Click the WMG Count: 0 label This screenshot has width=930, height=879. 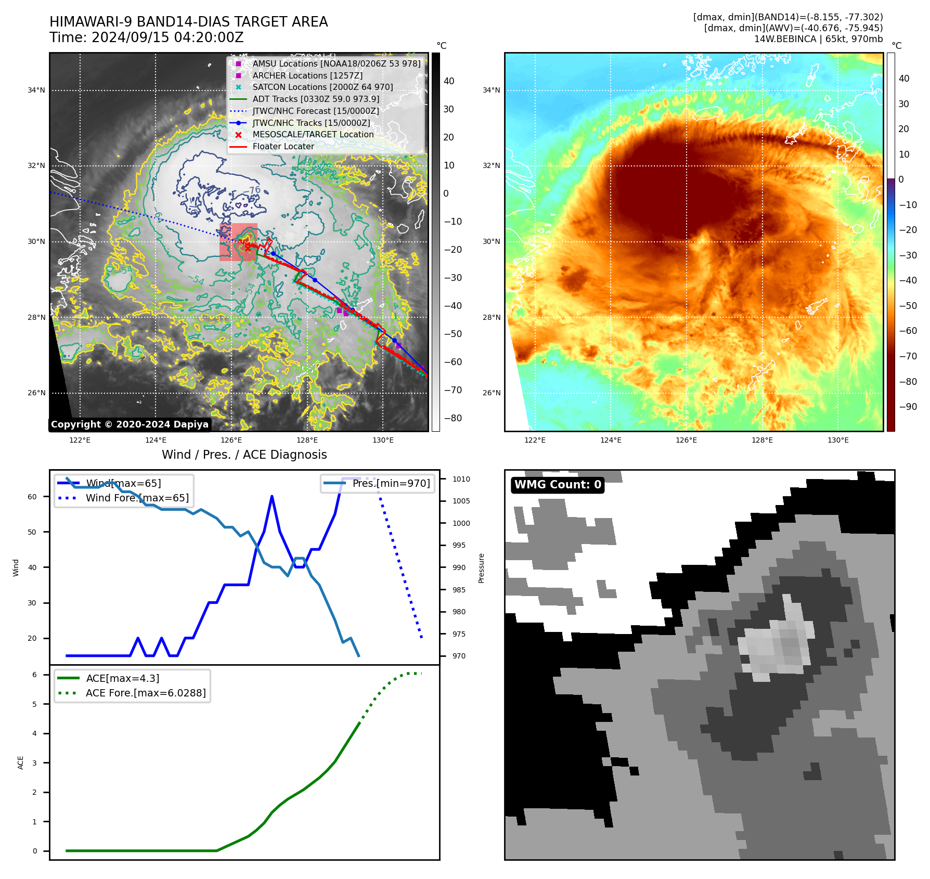(558, 485)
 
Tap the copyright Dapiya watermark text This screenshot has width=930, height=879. (130, 424)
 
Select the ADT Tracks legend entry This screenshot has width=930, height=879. (316, 99)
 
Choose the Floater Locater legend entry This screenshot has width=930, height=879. (283, 147)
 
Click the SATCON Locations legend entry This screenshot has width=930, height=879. (322, 87)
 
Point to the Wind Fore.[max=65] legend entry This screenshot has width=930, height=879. (137, 498)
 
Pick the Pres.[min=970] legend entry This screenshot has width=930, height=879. (391, 483)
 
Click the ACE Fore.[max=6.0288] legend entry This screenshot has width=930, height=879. (146, 693)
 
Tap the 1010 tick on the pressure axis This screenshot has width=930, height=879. (461, 479)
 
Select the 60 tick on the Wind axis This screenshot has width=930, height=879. (32, 497)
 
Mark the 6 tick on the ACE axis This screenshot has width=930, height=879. (34, 675)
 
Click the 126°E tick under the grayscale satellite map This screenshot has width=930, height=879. (231, 440)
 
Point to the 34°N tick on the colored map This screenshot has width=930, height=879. (492, 90)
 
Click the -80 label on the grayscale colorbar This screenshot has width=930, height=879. (453, 418)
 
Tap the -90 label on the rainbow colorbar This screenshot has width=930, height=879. (908, 407)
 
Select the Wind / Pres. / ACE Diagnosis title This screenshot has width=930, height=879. (244, 455)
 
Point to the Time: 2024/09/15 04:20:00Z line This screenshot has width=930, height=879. (147, 37)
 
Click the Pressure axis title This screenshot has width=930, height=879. (481, 568)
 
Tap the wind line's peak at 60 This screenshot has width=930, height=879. (272, 497)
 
